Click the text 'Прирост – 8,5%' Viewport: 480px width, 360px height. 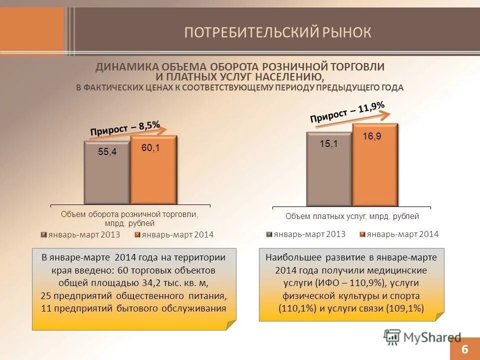(125, 128)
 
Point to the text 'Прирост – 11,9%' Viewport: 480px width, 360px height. (347, 111)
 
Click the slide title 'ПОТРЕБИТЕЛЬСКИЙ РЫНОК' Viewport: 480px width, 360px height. (277, 33)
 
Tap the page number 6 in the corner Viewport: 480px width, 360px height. (464, 349)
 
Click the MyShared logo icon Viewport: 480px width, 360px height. (392, 337)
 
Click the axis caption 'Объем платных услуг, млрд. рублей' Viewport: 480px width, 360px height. (352, 216)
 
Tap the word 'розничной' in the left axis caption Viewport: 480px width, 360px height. (149, 214)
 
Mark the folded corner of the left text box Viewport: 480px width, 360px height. (230, 325)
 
